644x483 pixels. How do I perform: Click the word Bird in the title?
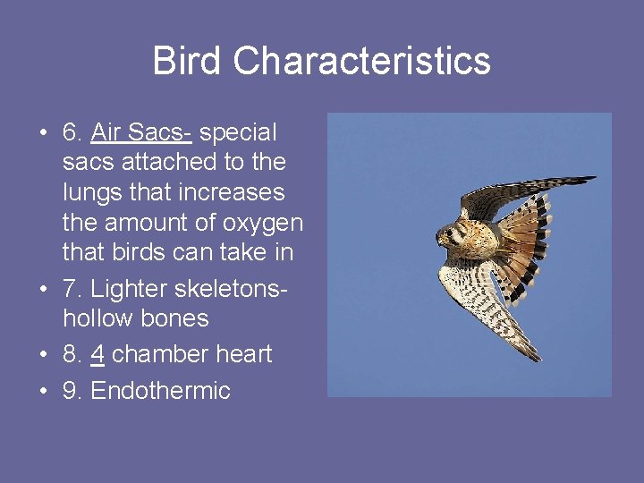(x=188, y=61)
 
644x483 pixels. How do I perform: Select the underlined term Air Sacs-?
(x=141, y=132)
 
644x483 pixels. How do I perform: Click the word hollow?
(x=96, y=318)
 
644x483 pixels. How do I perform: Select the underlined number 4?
(x=97, y=354)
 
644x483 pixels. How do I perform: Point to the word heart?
(x=241, y=354)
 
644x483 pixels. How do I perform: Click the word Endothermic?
(x=160, y=391)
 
